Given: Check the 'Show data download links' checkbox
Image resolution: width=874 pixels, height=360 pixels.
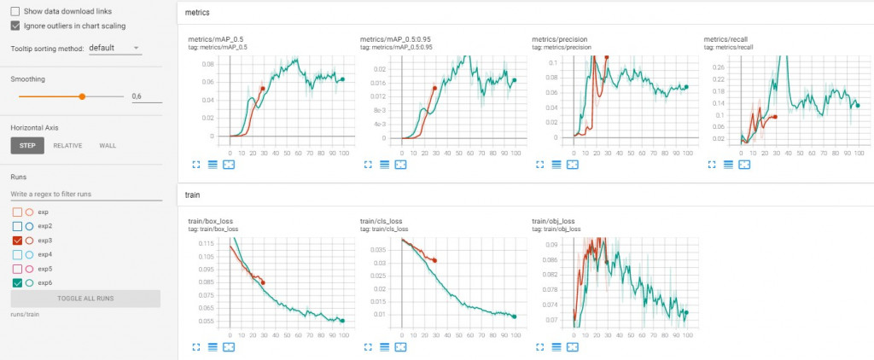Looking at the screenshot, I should coord(16,12).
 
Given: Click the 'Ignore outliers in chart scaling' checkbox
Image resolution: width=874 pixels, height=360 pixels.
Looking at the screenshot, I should coord(16,26).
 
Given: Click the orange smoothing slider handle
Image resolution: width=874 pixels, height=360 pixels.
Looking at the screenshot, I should coord(82,96).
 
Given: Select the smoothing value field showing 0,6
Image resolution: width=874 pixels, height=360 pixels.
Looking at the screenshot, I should coord(146,96).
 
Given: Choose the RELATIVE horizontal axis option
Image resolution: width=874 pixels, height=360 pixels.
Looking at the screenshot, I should coord(67,146).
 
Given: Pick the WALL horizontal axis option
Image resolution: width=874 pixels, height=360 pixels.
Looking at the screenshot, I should coord(108,146).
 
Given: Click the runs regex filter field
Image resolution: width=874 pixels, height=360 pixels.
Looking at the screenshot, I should coord(85,195).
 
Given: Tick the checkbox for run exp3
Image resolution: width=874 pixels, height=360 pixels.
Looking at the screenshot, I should coord(17,241).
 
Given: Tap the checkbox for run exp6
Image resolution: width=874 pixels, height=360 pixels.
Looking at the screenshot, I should coord(17,283).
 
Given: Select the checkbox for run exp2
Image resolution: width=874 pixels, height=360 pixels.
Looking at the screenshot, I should coord(17,226).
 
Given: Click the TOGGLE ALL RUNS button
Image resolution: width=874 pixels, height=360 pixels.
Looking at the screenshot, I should coord(85,299).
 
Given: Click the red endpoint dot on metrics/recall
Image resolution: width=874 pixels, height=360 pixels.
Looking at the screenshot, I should coord(775,117).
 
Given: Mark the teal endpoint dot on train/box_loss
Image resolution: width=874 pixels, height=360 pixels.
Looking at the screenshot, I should coord(342,321).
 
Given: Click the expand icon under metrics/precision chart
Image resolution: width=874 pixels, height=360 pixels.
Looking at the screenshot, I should coord(539,164).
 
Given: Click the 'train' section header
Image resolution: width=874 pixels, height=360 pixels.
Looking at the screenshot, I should coord(194,195).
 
